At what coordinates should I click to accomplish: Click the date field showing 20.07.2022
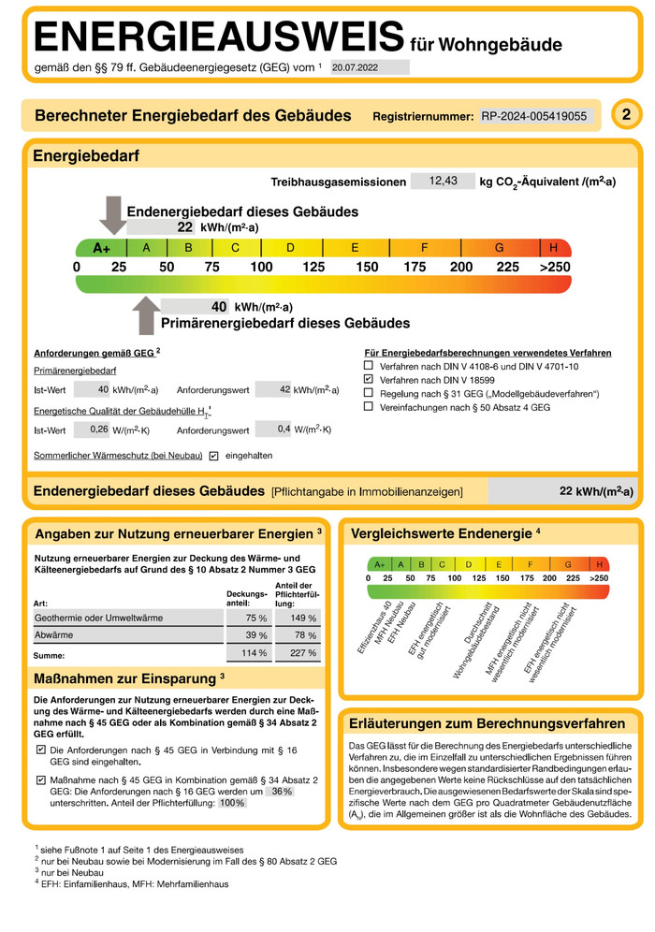370,66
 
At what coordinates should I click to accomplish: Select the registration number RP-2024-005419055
534,116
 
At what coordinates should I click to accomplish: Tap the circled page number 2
625,115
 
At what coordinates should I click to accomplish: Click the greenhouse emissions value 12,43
443,181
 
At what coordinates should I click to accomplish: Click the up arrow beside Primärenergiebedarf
145,315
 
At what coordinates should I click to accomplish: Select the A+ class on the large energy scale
101,248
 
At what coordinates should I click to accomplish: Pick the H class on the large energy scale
554,248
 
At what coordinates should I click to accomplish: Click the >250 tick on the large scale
554,268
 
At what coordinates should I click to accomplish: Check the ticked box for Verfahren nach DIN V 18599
369,380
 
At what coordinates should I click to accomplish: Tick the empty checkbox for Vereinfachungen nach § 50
369,407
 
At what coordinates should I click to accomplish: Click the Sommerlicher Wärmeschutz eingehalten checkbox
214,456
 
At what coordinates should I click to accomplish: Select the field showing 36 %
281,791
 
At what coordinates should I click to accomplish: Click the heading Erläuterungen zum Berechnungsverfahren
487,723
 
